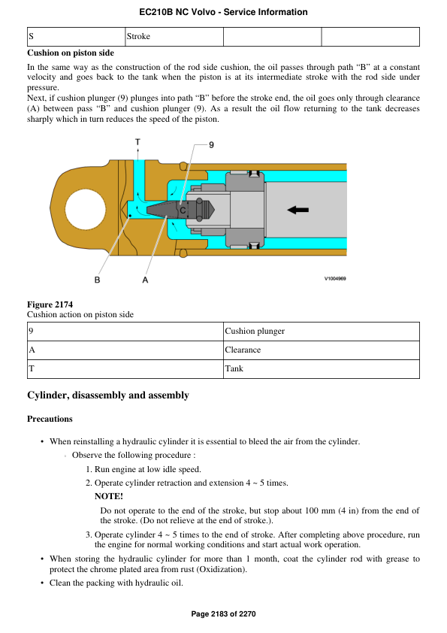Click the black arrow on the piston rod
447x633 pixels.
point(297,210)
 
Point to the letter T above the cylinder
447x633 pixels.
point(137,141)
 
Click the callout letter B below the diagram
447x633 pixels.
point(97,280)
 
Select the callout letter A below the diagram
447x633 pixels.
point(145,280)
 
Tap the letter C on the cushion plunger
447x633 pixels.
point(183,211)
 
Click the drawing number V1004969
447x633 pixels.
point(334,278)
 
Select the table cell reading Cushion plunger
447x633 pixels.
point(254,331)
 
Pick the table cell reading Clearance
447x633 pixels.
point(243,350)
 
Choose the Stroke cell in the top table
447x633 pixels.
point(139,36)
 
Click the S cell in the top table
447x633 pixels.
point(31,36)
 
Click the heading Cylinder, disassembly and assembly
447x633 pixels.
point(107,395)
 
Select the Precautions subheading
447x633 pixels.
point(50,419)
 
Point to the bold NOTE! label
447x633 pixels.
point(108,496)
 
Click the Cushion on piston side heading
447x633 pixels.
point(71,53)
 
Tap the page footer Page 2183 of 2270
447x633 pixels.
point(223,614)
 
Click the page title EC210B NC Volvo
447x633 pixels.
point(223,12)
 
